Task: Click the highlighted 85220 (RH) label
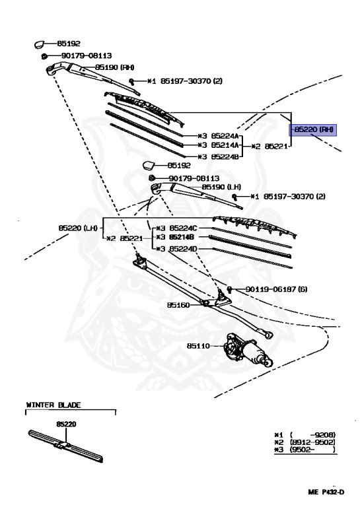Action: [313, 130]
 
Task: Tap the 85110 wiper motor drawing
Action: [248, 351]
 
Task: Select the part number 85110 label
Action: [198, 346]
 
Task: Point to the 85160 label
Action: [178, 305]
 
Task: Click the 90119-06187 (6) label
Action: [276, 289]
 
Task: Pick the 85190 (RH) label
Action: [114, 67]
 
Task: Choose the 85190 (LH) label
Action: [221, 187]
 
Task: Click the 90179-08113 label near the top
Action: [87, 55]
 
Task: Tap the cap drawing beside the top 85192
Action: [40, 44]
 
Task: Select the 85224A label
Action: [225, 136]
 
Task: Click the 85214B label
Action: [182, 238]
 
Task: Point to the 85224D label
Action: [183, 249]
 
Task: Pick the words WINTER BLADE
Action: [54, 405]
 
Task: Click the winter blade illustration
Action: [65, 446]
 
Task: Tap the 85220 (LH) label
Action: [78, 228]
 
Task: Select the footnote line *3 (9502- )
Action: [305, 450]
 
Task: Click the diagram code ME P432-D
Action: [326, 492]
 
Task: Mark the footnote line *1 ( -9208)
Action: [305, 435]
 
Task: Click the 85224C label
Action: [183, 228]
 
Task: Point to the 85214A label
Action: [225, 145]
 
